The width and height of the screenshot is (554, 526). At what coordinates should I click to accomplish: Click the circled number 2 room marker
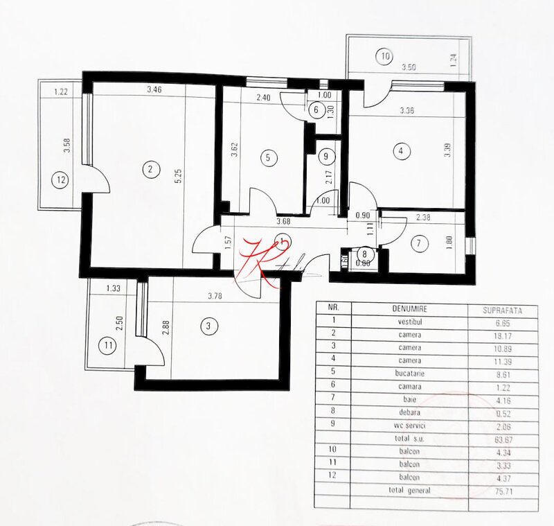(x=148, y=168)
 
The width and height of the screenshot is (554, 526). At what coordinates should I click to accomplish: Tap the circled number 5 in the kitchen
(x=267, y=157)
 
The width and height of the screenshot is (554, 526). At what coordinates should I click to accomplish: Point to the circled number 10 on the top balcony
(x=385, y=55)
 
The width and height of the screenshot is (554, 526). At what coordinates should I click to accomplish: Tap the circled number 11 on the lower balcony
(x=106, y=344)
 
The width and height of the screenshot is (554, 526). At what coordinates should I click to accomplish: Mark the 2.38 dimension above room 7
(x=424, y=217)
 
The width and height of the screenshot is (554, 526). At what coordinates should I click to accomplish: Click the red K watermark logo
(x=258, y=262)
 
